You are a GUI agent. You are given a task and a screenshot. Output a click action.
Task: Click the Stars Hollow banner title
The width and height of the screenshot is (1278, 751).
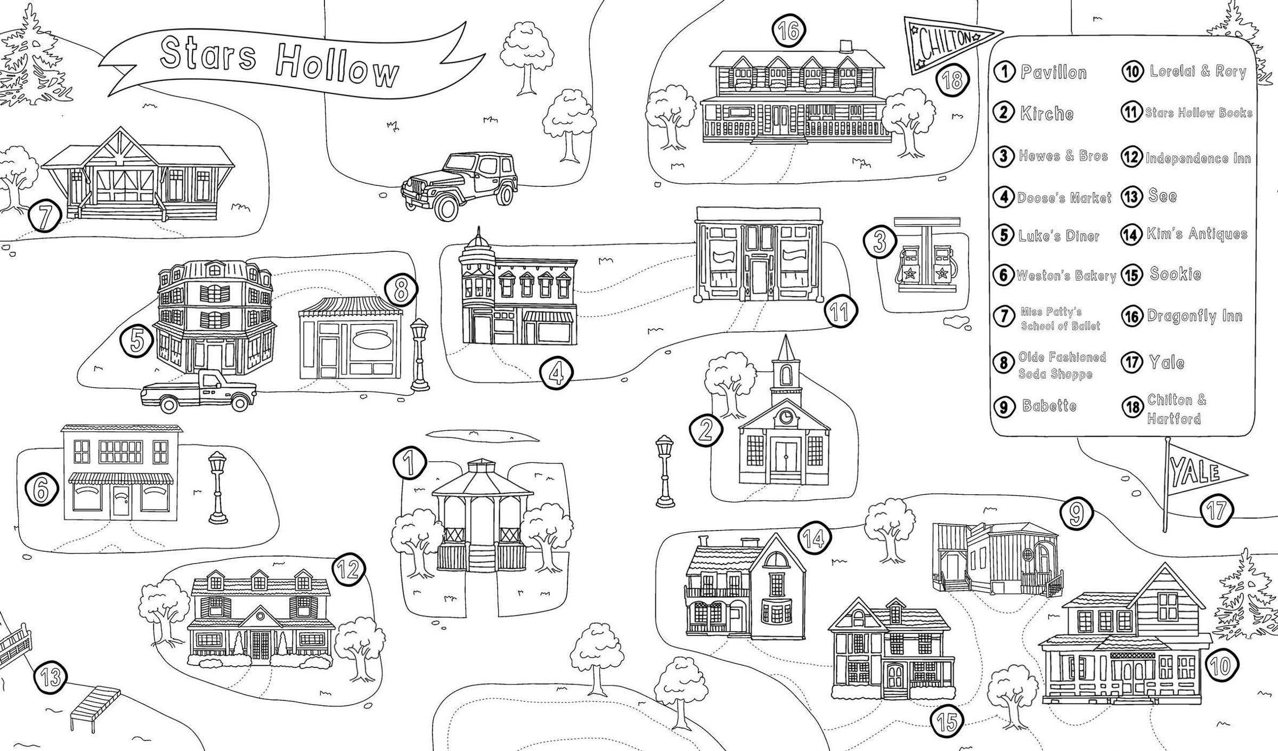pos(280,62)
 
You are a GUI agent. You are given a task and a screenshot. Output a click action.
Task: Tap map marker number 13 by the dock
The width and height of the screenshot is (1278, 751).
pos(51,678)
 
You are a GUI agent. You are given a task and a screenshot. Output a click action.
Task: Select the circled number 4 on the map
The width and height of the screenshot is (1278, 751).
pos(556,373)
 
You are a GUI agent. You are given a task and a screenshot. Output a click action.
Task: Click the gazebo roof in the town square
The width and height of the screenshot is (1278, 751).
pos(482,477)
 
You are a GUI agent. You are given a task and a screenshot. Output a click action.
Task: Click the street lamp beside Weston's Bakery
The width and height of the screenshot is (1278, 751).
pos(217,488)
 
